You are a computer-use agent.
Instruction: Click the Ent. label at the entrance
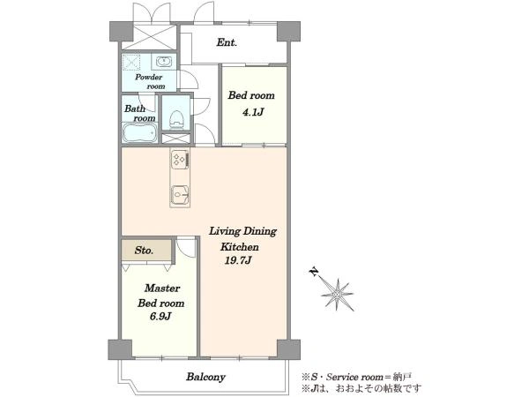click(x=227, y=42)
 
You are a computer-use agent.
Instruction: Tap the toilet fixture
click(x=176, y=119)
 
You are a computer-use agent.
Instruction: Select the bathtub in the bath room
click(x=139, y=133)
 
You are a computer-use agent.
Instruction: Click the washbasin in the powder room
click(x=164, y=62)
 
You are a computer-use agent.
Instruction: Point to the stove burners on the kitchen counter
click(x=179, y=160)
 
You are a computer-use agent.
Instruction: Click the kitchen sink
click(x=180, y=195)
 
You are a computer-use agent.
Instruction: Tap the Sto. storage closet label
click(x=144, y=251)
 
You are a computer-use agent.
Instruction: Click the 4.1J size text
click(x=253, y=112)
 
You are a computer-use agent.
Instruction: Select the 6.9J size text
click(x=160, y=317)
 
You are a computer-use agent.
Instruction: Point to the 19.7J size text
click(x=238, y=260)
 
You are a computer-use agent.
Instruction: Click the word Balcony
click(x=205, y=377)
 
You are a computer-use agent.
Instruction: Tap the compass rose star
click(x=338, y=295)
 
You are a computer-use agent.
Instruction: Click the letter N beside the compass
click(x=314, y=272)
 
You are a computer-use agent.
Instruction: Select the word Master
click(x=162, y=288)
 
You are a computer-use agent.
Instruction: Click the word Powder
click(x=148, y=77)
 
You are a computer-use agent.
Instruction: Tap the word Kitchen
click(x=240, y=247)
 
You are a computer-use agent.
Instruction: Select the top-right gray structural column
click(x=288, y=31)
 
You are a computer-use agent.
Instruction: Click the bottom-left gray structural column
click(x=120, y=349)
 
